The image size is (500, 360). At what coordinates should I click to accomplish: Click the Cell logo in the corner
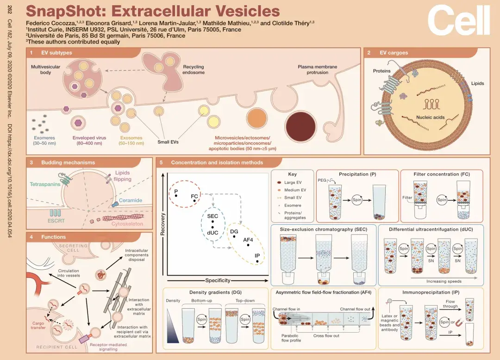(459, 20)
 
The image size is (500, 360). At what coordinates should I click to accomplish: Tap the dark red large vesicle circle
(301, 126)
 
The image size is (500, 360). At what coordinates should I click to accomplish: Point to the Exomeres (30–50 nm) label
(44, 140)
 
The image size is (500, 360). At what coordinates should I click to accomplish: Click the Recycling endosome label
(193, 69)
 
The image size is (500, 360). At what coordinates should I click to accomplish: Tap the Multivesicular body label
(45, 69)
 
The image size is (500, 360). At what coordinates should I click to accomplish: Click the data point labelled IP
(257, 261)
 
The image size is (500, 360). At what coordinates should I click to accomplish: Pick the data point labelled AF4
(248, 245)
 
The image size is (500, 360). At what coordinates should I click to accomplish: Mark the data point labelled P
(176, 196)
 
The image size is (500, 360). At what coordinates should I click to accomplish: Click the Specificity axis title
(218, 280)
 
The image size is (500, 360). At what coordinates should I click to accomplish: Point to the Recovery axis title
(162, 224)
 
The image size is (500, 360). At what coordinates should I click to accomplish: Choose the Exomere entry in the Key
(289, 206)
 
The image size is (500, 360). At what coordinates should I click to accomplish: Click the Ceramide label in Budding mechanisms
(131, 201)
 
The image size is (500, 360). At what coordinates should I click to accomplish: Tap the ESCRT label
(56, 221)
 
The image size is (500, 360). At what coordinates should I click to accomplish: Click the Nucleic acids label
(430, 117)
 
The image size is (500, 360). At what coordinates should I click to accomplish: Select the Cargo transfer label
(38, 325)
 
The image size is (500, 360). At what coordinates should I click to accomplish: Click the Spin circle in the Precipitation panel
(357, 200)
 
